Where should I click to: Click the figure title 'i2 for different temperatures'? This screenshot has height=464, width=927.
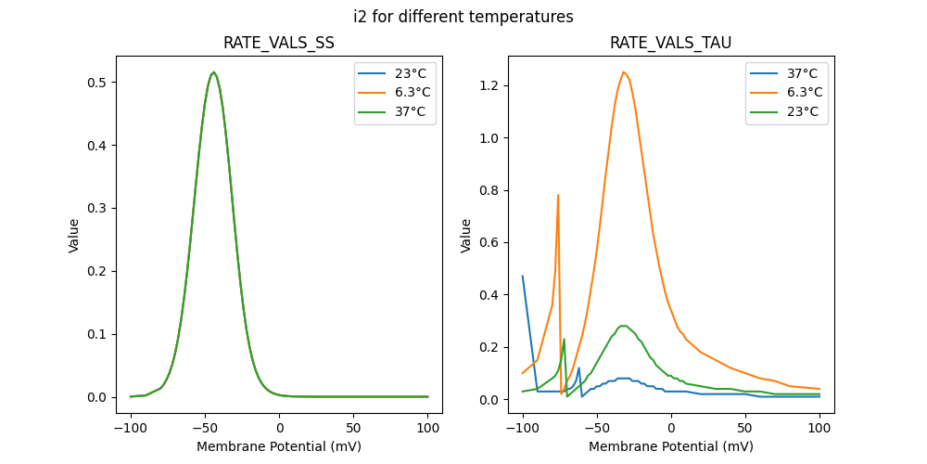[463, 17]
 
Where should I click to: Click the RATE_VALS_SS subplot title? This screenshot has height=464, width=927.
[279, 44]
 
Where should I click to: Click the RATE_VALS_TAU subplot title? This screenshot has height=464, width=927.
[670, 44]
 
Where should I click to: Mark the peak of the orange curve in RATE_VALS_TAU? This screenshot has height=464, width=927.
[624, 71]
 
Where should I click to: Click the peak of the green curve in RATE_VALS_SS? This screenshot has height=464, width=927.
[213, 72]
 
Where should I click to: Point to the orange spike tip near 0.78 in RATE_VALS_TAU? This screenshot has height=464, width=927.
[558, 195]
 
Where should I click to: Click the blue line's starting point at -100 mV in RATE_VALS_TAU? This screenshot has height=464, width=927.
[523, 276]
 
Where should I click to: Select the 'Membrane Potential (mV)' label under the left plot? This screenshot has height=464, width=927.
[279, 446]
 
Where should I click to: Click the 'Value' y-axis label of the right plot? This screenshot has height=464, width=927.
[466, 235]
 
